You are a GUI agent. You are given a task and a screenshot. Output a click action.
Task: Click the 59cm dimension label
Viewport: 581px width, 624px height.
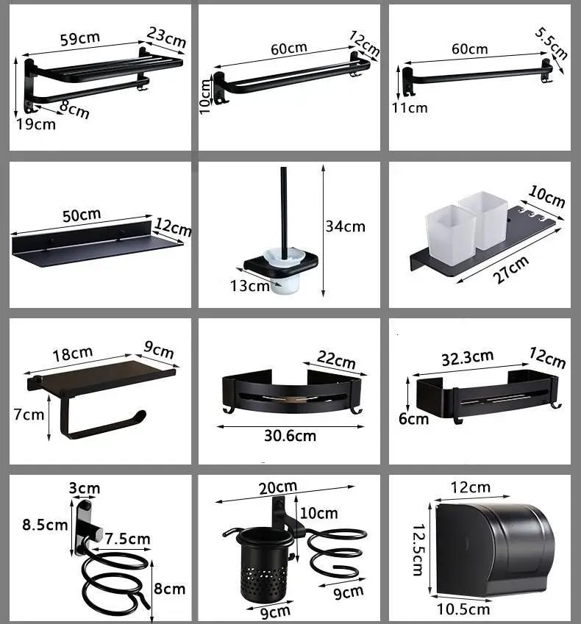[x=80, y=39]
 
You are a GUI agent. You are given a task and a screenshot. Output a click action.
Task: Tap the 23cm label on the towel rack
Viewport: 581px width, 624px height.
[x=166, y=37]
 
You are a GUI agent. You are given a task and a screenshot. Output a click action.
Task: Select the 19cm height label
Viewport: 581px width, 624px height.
[x=36, y=124]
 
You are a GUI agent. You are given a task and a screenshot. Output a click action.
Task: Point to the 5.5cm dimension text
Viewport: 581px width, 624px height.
[x=551, y=43]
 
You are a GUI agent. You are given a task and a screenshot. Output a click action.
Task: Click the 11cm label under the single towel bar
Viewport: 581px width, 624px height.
[x=410, y=108]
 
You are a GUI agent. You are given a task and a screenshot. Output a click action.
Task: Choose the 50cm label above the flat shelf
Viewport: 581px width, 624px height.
[x=82, y=215]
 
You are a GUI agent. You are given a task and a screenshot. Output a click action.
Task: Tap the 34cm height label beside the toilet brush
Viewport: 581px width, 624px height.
[x=345, y=226]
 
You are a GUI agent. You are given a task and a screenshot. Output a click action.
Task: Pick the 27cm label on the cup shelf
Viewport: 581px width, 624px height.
[x=511, y=270]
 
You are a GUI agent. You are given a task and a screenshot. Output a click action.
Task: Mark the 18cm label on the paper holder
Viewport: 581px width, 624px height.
[x=73, y=354]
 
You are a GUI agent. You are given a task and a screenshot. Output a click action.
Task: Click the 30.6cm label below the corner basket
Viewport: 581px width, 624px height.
[x=290, y=436]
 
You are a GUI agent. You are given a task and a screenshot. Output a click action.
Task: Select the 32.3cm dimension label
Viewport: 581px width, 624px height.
[x=468, y=357]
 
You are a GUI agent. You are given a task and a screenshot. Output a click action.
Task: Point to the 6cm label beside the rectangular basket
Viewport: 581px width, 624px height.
[x=413, y=419]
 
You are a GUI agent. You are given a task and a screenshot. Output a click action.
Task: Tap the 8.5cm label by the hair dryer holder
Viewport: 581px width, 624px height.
[x=45, y=525]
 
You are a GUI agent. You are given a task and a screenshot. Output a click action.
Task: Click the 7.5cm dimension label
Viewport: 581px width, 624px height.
[x=127, y=539]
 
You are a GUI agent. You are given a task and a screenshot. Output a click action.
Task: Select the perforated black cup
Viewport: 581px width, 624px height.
[x=262, y=562]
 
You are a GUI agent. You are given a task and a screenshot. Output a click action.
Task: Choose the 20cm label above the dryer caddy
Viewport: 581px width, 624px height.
[x=278, y=487]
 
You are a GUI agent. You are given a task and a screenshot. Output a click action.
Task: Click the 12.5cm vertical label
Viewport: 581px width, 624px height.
[x=418, y=550]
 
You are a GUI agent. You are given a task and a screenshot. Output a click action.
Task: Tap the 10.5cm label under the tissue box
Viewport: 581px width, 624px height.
[x=463, y=609]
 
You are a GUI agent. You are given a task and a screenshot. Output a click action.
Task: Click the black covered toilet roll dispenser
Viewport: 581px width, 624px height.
[x=495, y=550]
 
